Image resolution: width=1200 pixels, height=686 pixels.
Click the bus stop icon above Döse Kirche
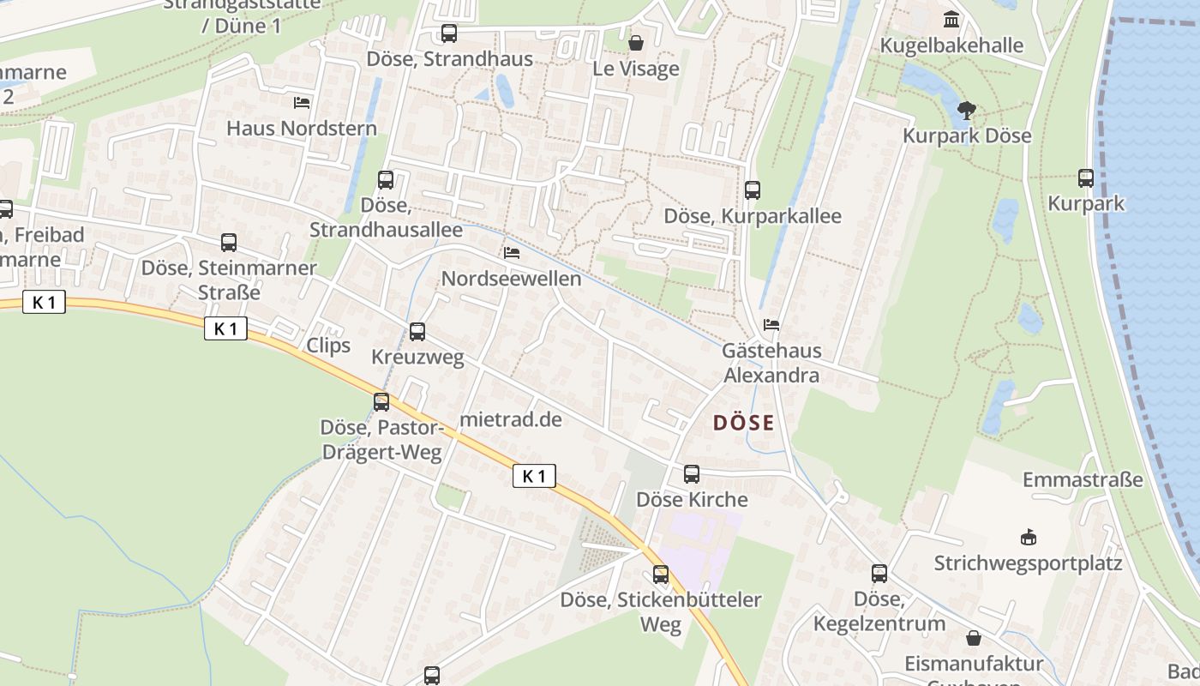[692, 473]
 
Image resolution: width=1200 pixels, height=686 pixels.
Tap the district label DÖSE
[743, 423]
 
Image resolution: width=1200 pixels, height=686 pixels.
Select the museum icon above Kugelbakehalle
[951, 19]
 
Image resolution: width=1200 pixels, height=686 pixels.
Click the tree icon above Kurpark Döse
[966, 110]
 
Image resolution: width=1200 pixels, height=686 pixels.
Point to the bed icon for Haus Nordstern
[302, 103]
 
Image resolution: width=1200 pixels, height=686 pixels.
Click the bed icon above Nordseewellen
[512, 253]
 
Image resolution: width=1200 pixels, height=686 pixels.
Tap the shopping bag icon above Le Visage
[636, 42]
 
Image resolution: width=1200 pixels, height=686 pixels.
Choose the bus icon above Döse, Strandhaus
[449, 33]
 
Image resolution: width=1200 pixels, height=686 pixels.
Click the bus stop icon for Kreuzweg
[417, 332]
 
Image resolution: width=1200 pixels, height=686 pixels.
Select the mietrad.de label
[511, 419]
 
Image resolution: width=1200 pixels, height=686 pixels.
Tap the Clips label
[328, 345]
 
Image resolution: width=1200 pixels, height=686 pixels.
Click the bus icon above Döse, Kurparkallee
[753, 190]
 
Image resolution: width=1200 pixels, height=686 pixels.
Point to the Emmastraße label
[1083, 479]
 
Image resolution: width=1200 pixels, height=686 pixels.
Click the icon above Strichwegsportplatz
[1028, 538]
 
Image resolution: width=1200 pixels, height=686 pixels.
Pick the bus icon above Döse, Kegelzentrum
[879, 574]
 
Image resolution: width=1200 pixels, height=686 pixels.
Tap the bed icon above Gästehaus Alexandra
[771, 325]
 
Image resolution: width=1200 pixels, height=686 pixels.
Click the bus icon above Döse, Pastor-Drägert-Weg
[381, 401]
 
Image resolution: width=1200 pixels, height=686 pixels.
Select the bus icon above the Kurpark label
[1086, 178]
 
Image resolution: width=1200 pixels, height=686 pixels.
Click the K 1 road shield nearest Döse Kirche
[534, 476]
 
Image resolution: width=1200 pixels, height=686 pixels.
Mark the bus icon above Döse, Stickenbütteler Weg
[661, 574]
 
